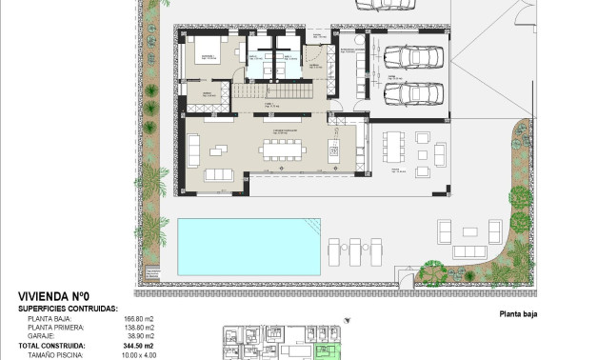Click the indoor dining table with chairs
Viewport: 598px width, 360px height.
(x=282, y=149)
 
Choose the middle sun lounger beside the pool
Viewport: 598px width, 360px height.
(x=354, y=251)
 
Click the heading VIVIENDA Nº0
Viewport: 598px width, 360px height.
(x=52, y=296)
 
